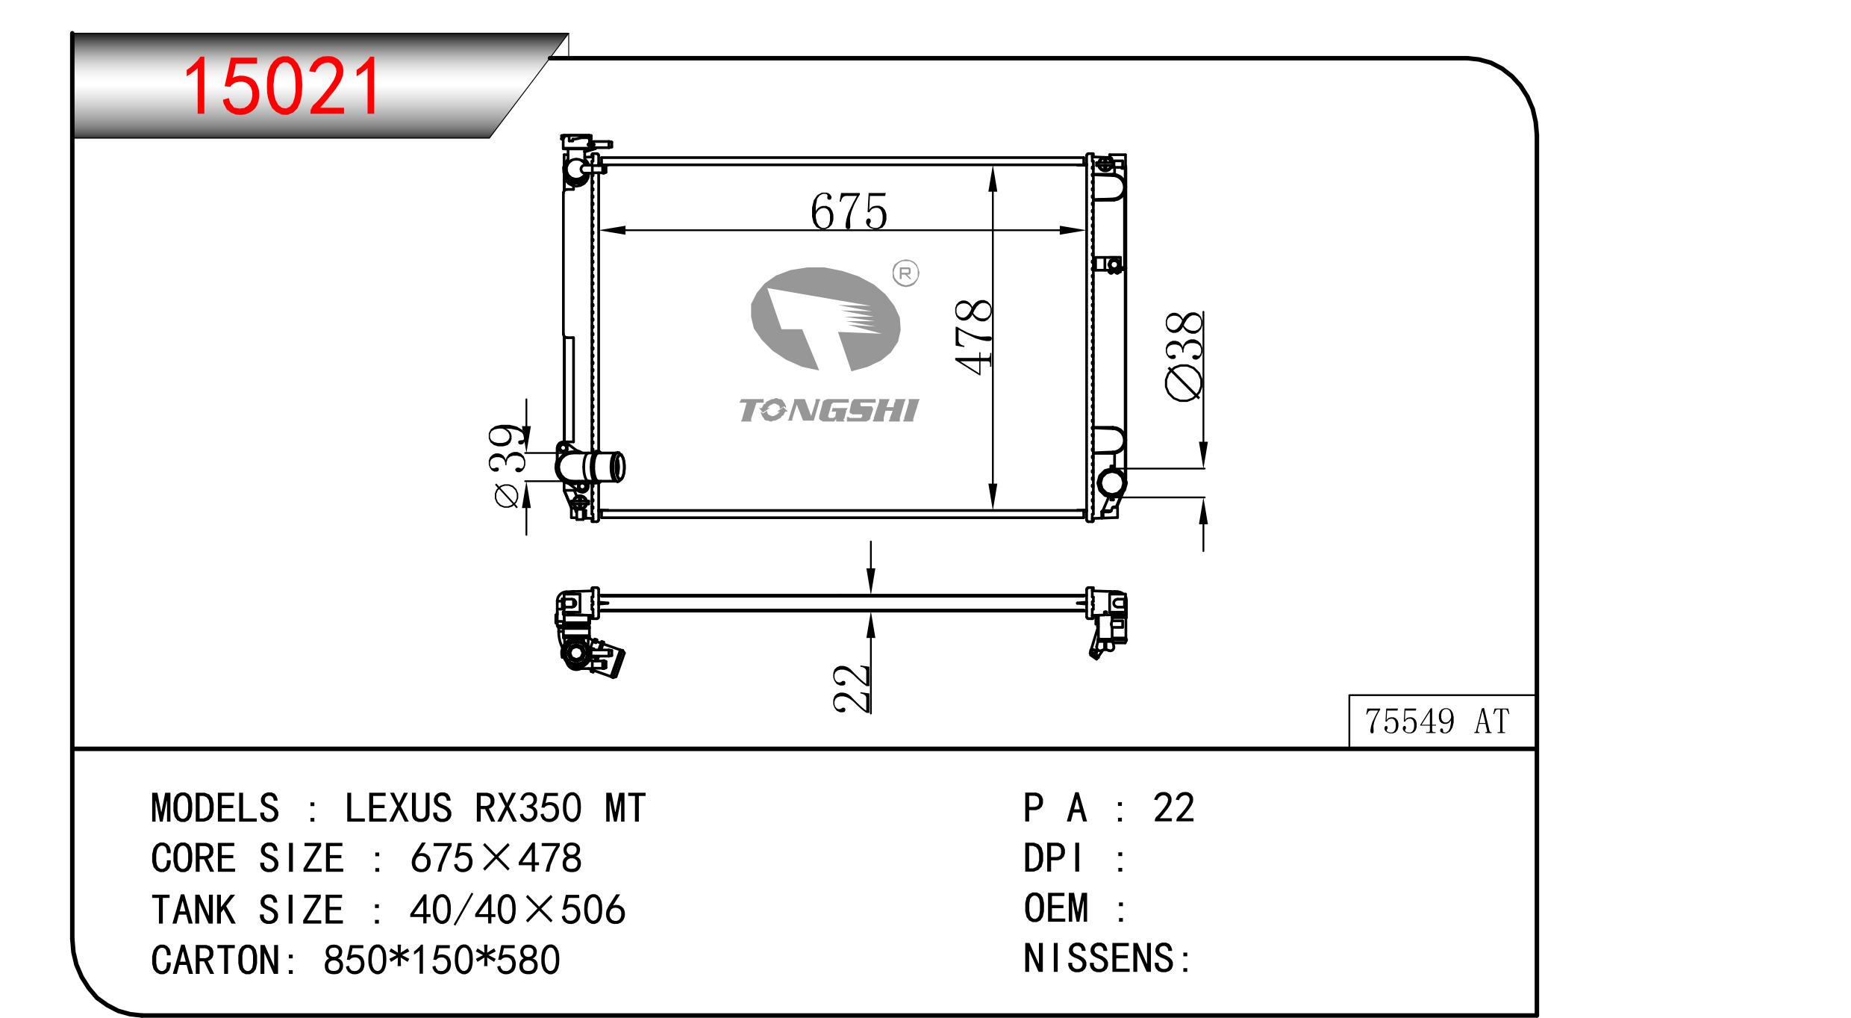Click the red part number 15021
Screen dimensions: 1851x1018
coord(282,87)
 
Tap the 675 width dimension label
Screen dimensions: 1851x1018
coord(849,211)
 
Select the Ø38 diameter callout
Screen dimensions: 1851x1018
coord(1184,357)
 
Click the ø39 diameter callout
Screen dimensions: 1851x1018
coord(508,467)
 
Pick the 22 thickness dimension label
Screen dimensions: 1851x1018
coord(852,688)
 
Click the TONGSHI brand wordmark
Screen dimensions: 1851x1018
coord(828,411)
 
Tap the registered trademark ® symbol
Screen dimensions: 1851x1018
coord(905,274)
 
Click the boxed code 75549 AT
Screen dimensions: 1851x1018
coord(1437,721)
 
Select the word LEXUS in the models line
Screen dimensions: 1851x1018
coord(398,808)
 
